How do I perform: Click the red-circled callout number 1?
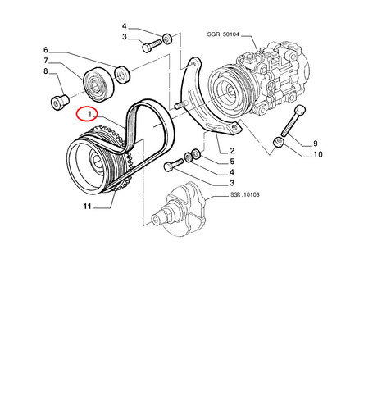(89, 113)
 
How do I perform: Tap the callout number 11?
(87, 206)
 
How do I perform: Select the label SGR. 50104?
(223, 34)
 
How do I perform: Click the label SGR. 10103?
(245, 194)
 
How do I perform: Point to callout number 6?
(46, 50)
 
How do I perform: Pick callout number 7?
(46, 61)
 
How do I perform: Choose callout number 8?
(46, 71)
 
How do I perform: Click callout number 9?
(316, 143)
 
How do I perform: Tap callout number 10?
(318, 154)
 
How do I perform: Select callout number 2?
(232, 151)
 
